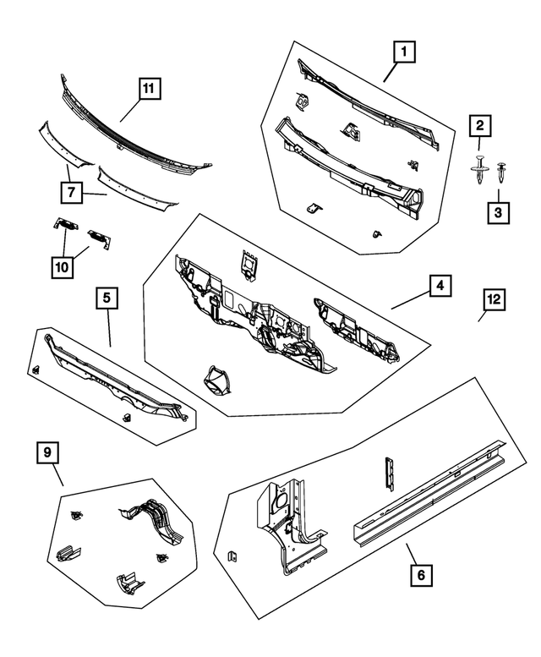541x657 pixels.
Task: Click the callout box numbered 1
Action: coord(405,53)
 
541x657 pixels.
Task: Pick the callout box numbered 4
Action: coord(438,287)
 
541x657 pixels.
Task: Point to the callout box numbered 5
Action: coord(107,298)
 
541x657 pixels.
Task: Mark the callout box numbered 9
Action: coord(48,453)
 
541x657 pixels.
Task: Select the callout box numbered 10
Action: coord(62,266)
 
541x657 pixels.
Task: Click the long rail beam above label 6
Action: coord(427,499)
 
